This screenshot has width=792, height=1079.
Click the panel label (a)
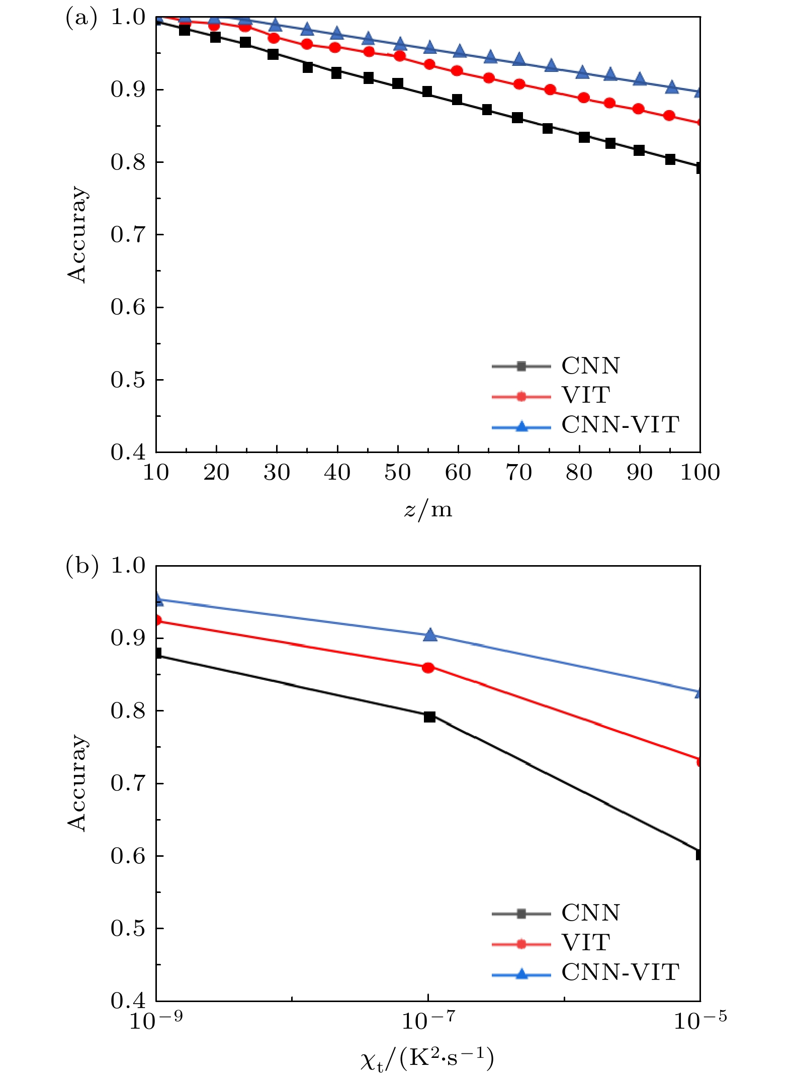[81, 18]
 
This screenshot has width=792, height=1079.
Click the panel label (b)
[81, 566]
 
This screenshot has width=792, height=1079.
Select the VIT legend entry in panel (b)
[586, 943]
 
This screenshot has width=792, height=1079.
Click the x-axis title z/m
[428, 510]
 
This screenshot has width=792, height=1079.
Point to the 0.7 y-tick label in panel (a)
[128, 235]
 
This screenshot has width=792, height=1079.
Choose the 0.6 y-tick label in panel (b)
[128, 856]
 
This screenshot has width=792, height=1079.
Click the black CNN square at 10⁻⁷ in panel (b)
[429, 716]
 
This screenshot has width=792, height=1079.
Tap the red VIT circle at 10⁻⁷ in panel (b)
[428, 668]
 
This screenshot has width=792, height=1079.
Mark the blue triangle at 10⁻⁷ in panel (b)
[430, 635]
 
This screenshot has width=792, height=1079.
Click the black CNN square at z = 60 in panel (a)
[457, 100]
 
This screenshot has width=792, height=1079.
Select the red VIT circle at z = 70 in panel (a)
[519, 84]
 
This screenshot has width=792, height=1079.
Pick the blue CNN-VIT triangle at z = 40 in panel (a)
[337, 34]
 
